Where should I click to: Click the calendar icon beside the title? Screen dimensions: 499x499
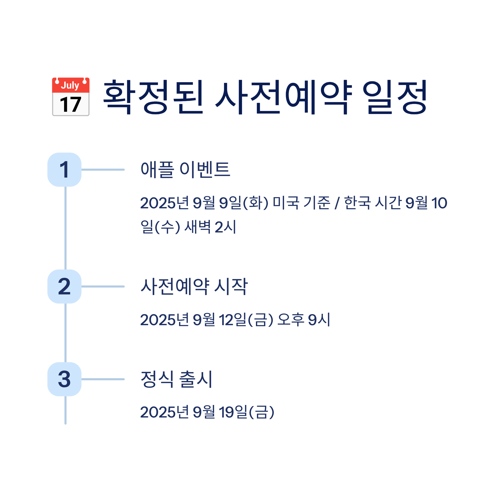point(70,97)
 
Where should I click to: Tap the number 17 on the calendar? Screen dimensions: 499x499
point(70,104)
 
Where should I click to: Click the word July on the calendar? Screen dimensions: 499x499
point(70,85)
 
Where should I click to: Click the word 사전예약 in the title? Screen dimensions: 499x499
point(284,97)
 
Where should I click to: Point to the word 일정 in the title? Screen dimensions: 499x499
point(395,97)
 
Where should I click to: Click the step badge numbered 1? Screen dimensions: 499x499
point(64,170)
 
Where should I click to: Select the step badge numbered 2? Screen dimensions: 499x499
point(64,287)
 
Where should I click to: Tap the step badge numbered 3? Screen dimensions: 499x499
point(64,379)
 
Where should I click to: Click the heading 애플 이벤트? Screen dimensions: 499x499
point(185,170)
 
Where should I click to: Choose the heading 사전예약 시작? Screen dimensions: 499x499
point(194,287)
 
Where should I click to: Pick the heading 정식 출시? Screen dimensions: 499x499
point(176,379)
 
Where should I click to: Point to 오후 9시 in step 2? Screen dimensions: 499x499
point(304,320)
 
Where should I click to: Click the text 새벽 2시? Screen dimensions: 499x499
point(210,227)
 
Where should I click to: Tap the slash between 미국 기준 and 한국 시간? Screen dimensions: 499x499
point(337,203)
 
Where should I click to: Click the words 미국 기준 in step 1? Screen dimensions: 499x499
point(301,203)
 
